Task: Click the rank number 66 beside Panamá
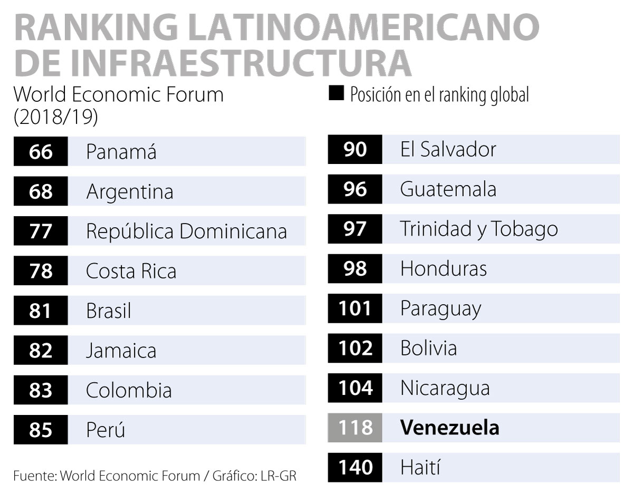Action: [41, 152]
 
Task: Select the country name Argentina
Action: [129, 191]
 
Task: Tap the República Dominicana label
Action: [186, 231]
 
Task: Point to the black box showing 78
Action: [41, 271]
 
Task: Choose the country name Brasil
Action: [108, 311]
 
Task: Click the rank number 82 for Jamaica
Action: [41, 351]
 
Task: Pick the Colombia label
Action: [129, 391]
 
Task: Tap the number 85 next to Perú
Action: [41, 430]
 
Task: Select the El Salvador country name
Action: [448, 149]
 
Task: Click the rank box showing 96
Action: [354, 189]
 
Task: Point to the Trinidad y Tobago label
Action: [478, 229]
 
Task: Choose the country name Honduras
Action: [443, 268]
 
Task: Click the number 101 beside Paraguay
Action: [354, 308]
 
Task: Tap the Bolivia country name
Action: [428, 348]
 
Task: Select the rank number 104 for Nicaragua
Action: [354, 388]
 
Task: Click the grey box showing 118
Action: [354, 427]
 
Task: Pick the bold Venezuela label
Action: [449, 427]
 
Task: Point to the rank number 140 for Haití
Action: [354, 467]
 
